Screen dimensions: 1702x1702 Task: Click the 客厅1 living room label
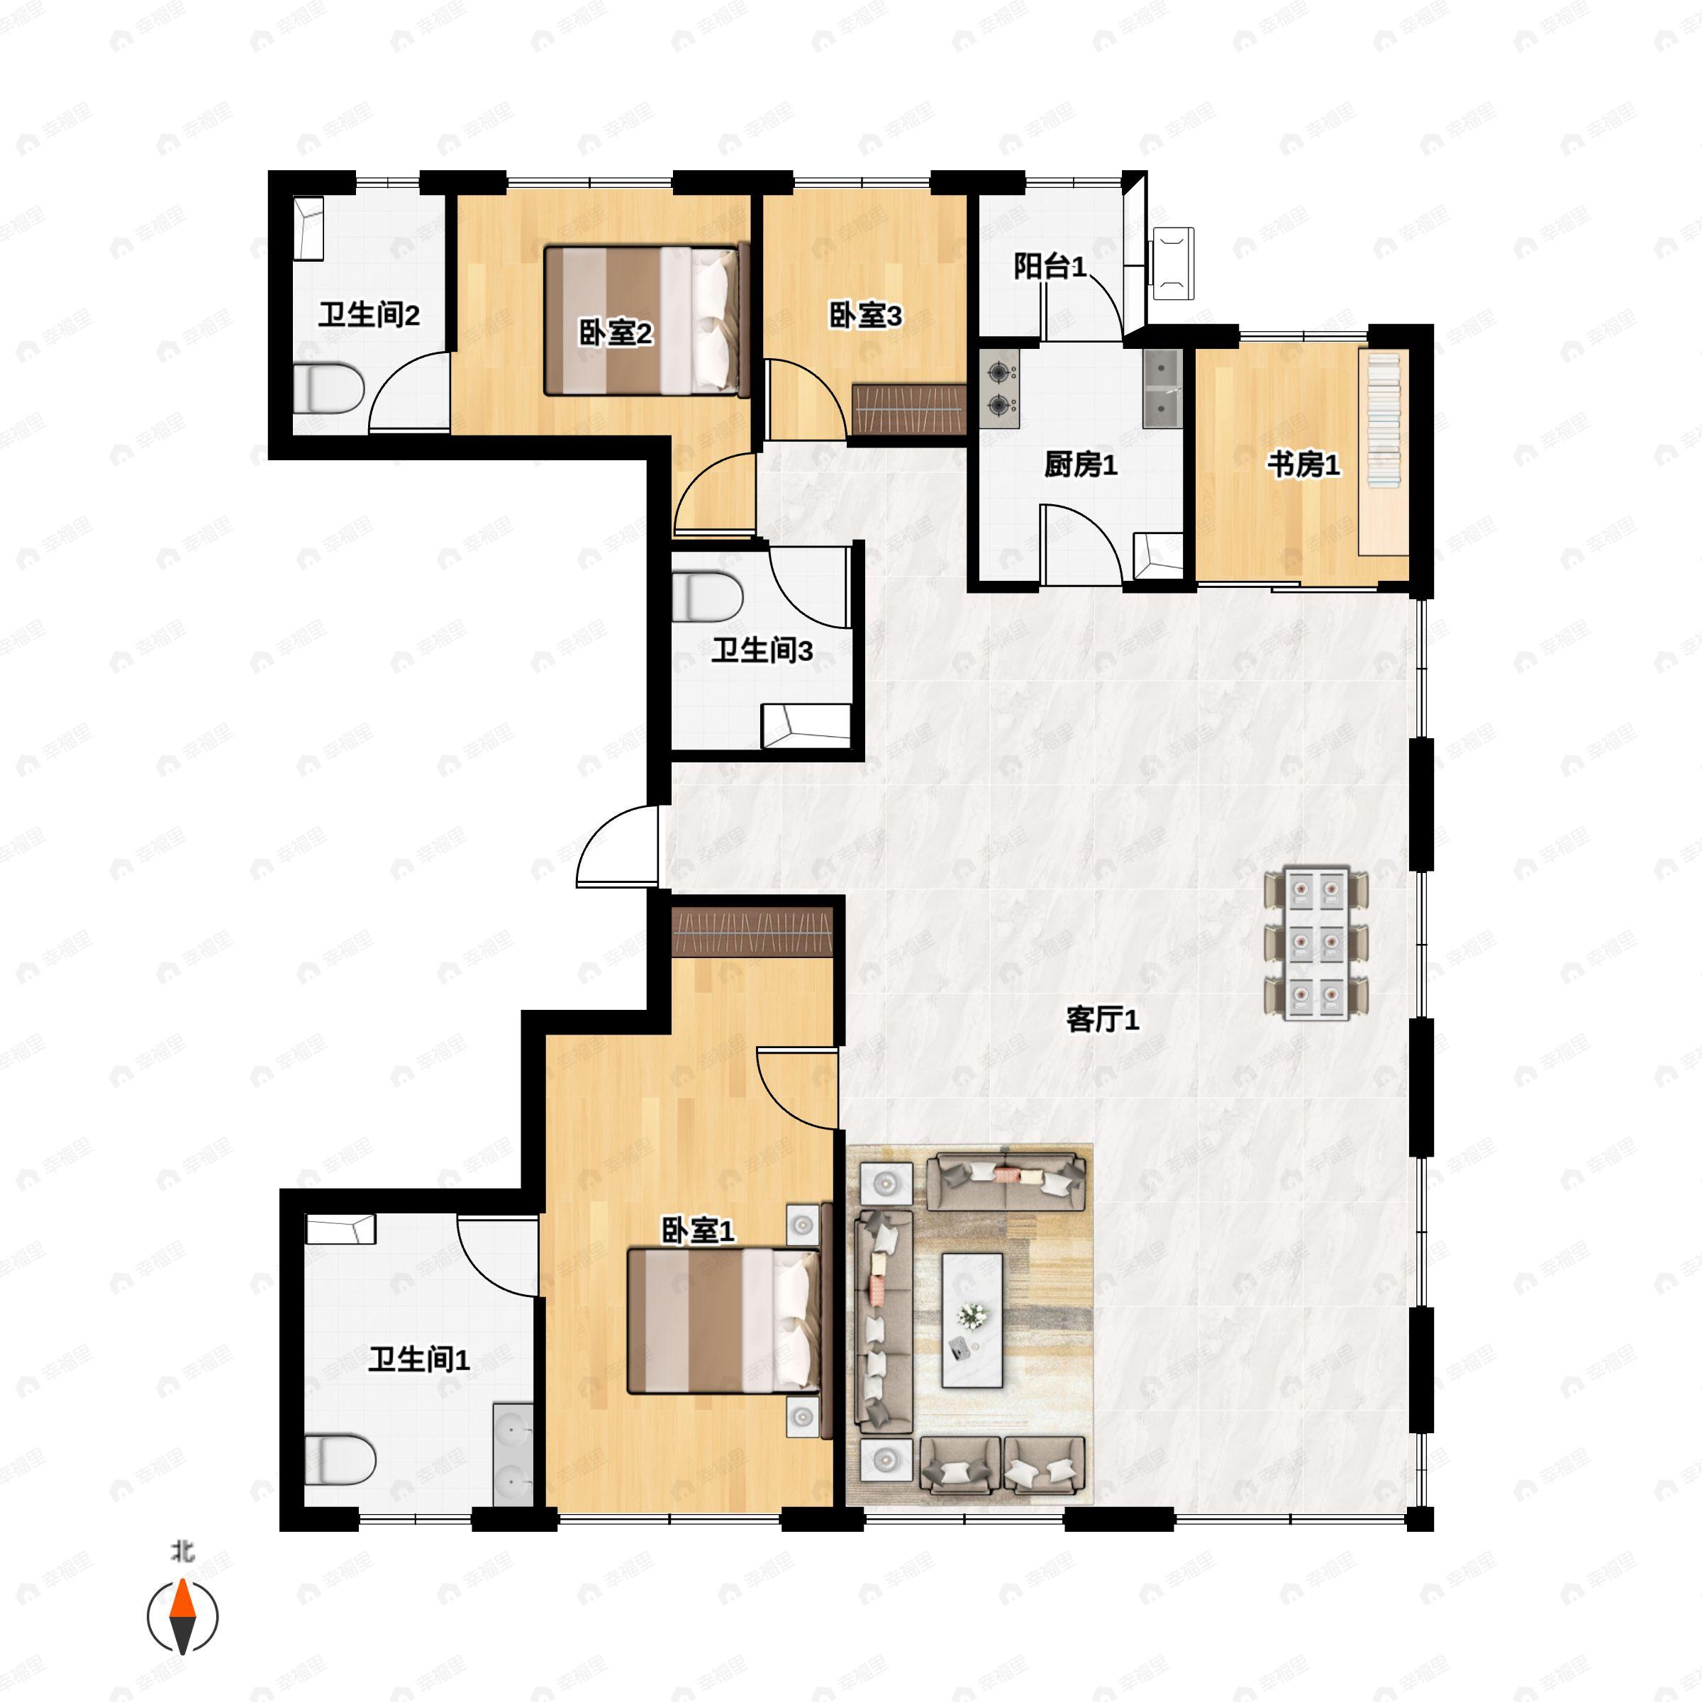click(x=1102, y=1019)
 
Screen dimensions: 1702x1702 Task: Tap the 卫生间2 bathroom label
click(x=368, y=314)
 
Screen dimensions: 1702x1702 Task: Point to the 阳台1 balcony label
click(x=1050, y=265)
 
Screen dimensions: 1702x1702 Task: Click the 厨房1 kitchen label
click(x=1080, y=465)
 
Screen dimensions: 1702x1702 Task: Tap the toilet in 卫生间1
click(x=339, y=1459)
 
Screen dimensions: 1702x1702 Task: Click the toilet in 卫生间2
click(x=328, y=389)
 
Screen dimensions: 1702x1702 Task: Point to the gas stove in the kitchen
click(x=999, y=389)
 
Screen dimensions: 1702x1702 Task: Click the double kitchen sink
click(x=1163, y=389)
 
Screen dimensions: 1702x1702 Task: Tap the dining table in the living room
click(x=1316, y=943)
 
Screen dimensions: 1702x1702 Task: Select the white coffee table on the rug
click(x=972, y=1320)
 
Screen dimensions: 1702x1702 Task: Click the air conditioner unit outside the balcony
click(x=1172, y=263)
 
